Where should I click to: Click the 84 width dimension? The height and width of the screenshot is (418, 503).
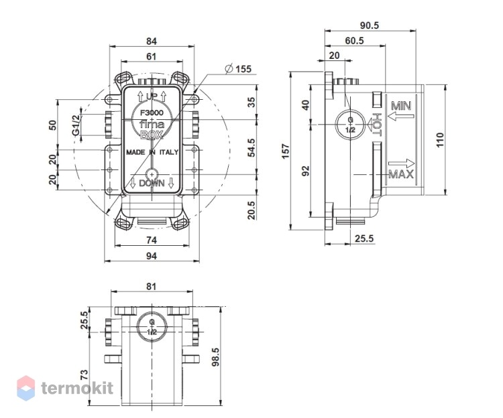coord(152,41)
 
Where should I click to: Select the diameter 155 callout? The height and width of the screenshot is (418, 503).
coord(238,69)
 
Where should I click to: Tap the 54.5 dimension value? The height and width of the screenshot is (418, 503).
coord(251,147)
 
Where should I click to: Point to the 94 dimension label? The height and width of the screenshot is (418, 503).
coord(152,256)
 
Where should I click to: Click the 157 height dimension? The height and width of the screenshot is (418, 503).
coord(286,151)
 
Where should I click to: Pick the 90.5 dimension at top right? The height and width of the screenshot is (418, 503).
coord(370,25)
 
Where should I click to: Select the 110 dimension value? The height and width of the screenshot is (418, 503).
coord(439,139)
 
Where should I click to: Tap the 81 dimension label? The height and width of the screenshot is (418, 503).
coord(152,286)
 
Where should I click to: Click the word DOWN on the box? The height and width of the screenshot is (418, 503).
coord(152,184)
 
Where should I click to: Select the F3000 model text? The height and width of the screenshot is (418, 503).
coord(152,113)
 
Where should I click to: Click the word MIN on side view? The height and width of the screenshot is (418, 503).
coord(401,106)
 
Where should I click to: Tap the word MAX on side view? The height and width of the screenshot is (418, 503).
coord(401,174)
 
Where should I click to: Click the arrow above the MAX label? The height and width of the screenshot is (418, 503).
coord(401,163)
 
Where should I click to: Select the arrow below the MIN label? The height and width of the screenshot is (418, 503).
coord(400,116)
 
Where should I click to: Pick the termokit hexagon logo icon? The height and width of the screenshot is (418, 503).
coord(26,388)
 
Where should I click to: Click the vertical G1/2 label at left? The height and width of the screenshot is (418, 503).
coord(76,125)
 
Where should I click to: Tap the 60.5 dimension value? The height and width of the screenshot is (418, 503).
coord(355,41)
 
